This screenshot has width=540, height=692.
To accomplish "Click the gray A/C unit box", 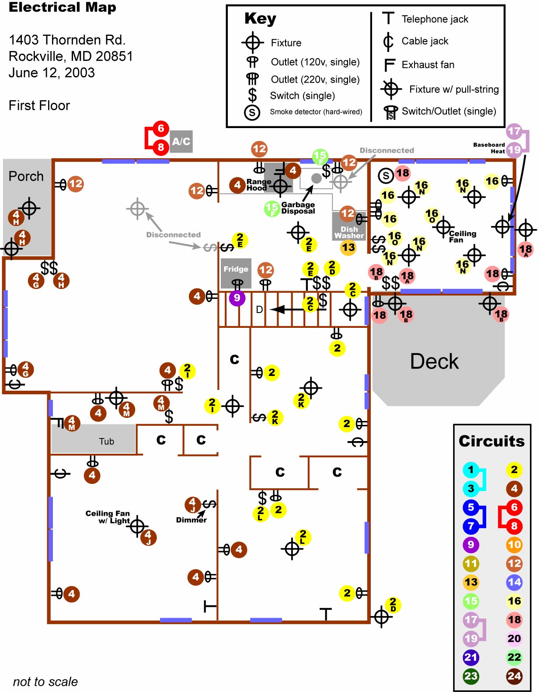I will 181,142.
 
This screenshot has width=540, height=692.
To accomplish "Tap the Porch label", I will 26,176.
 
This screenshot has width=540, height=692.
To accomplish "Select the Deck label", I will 434,362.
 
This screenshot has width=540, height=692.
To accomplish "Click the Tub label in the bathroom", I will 106,442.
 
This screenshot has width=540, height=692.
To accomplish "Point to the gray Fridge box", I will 236,269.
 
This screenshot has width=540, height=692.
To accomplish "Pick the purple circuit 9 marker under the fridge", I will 237,298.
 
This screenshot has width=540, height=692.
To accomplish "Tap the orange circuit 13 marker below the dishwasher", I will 348,248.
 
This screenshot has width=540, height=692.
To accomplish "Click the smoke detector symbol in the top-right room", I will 386,176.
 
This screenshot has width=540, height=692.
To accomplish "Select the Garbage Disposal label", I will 298,208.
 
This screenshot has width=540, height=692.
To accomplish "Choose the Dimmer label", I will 191,520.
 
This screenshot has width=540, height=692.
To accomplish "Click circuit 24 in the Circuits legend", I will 514,676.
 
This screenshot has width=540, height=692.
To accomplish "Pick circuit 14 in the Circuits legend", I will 514,582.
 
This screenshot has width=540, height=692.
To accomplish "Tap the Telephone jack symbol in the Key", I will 388,18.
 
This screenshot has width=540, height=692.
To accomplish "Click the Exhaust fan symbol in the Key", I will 389,65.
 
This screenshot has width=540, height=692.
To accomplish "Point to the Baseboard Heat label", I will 489,148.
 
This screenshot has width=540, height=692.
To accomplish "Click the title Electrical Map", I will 63,7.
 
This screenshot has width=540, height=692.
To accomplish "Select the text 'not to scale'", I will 45,682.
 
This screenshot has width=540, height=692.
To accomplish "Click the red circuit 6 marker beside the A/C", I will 161,128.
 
